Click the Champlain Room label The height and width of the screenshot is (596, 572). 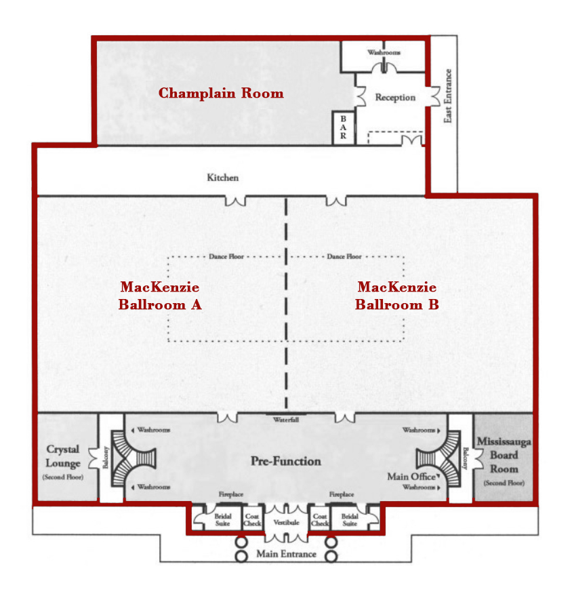click(221, 93)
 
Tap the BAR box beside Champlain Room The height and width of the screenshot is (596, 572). click(344, 127)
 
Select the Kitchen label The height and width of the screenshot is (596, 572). click(222, 178)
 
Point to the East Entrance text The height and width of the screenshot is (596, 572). click(448, 96)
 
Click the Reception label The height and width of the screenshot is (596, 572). click(395, 98)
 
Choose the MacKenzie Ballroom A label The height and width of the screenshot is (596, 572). click(160, 296)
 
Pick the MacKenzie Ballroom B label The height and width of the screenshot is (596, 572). click(397, 296)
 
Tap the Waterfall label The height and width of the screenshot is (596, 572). click(286, 420)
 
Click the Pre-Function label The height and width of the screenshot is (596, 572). click(286, 461)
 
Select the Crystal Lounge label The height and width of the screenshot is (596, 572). click(63, 456)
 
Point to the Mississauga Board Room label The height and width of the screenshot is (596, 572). click(504, 455)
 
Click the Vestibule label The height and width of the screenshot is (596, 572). click(287, 522)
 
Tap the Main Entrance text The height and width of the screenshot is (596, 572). click(287, 554)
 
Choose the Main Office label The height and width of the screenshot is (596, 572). click(411, 477)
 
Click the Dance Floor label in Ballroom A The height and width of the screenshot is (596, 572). click(226, 256)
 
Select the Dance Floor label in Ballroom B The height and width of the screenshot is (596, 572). click(344, 256)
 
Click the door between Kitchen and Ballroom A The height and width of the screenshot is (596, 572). click(235, 201)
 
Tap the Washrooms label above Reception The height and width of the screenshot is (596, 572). click(384, 52)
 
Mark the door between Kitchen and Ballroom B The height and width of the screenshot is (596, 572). click(336, 201)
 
